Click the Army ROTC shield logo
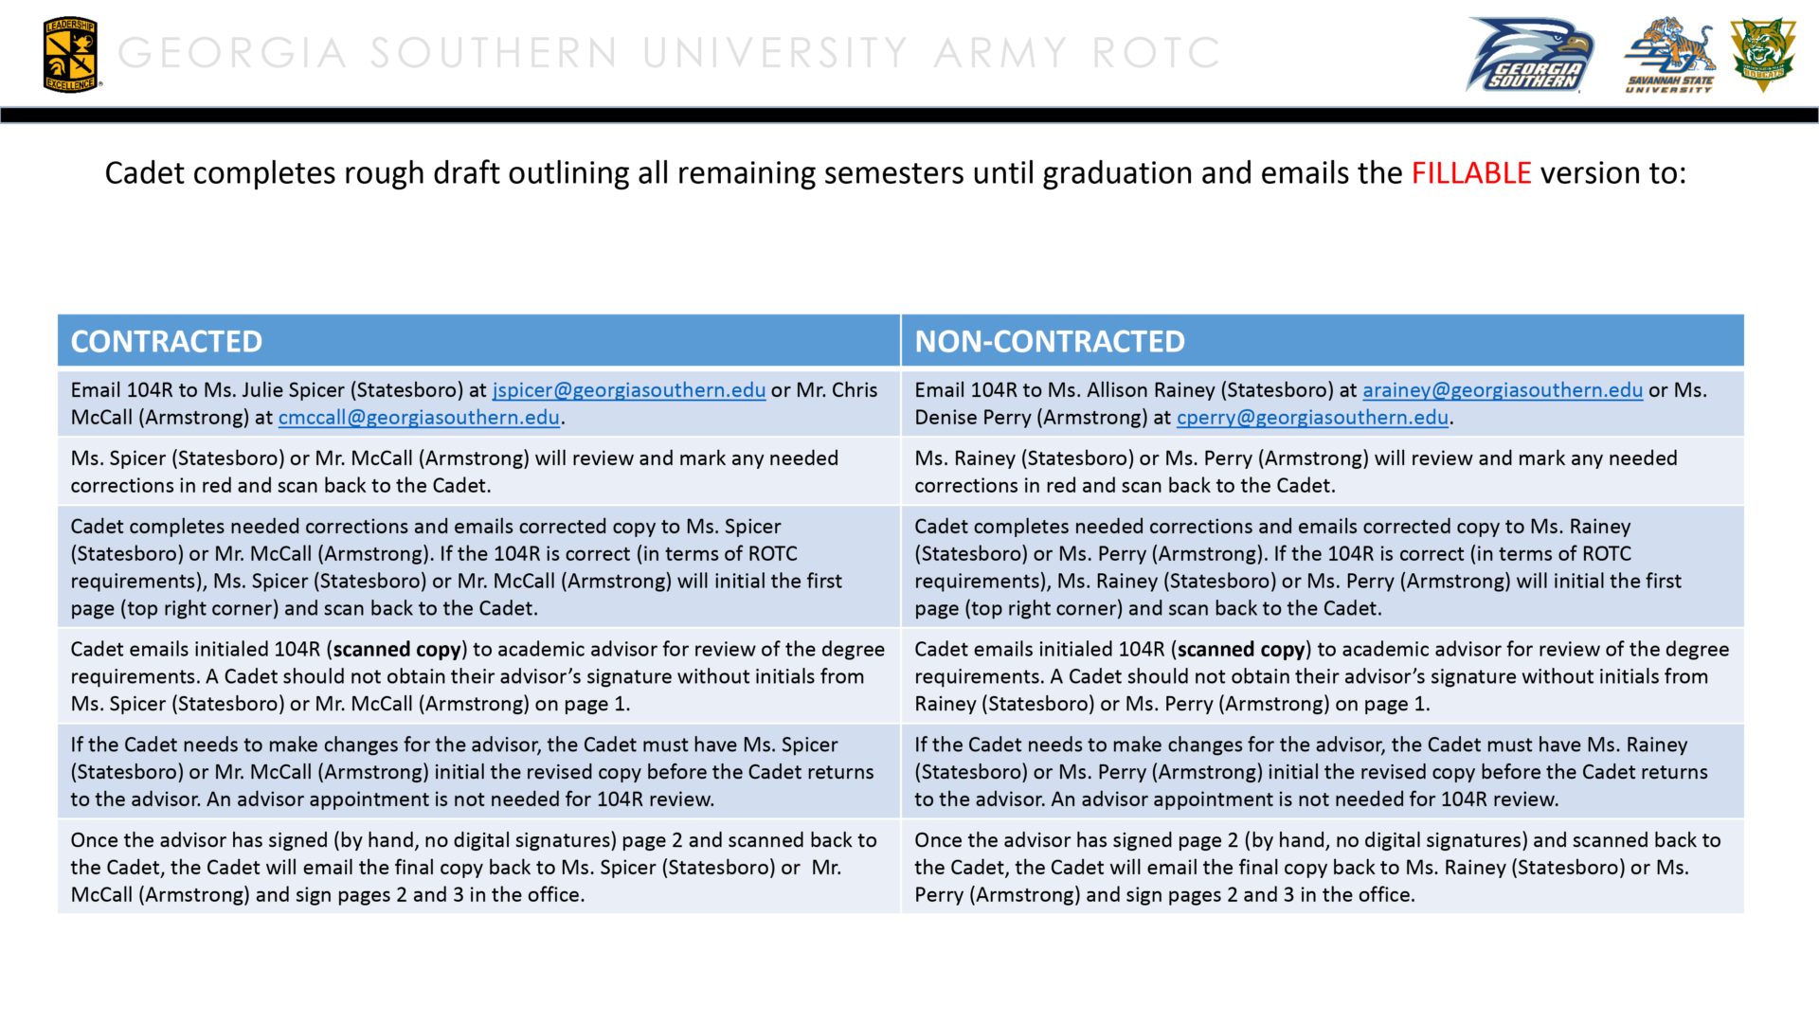70,55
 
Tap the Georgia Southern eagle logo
1530,55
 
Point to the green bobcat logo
1762,53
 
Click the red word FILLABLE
1470,173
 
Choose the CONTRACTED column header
167,341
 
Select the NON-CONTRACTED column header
1049,341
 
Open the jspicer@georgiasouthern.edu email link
629,390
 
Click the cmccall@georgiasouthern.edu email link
419,418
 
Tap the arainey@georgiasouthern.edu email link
1502,390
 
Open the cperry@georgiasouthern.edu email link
1312,418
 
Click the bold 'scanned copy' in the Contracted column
397,650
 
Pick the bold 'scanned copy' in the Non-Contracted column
1241,650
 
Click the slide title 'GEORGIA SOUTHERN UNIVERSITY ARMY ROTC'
669,53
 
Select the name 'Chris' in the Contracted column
855,390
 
